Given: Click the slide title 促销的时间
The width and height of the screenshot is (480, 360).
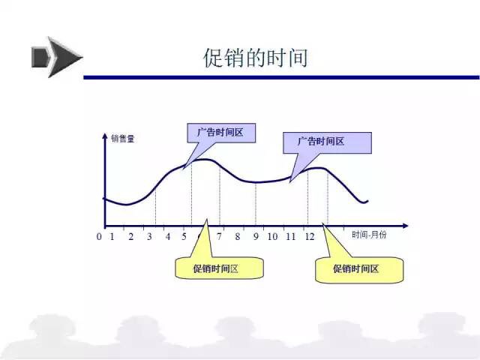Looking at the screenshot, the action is pos(256,58).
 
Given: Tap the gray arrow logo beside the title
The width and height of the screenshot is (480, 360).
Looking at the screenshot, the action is pos(57,57).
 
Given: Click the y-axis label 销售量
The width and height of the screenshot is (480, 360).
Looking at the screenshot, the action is pos(123,139).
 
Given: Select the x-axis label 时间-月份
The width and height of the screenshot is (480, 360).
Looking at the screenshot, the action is pos(369,235).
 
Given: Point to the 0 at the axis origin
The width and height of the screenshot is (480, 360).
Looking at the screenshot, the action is pos(99,236).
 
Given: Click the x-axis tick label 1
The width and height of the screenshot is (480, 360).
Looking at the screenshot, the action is pos(112,236).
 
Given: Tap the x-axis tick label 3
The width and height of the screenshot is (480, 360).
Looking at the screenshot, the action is pos(149,236).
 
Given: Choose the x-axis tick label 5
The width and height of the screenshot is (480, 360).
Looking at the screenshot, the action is pos(184,236).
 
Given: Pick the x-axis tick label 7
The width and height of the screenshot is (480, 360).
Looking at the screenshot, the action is pos(219,236).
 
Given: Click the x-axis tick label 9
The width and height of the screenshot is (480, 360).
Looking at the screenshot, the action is pos(256,236).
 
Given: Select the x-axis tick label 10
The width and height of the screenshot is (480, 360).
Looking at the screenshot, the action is pos(272,236).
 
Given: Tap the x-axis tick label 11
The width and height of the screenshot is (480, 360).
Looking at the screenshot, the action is pos(291,236).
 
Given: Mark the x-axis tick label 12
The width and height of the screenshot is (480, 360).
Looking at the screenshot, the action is pos(310,236).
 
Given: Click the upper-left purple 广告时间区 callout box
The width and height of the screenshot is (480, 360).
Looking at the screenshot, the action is pos(221,133).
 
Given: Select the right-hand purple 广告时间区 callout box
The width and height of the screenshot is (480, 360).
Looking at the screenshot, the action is pos(327,142).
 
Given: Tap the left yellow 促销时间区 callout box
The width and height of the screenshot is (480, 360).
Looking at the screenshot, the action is pos(219,268).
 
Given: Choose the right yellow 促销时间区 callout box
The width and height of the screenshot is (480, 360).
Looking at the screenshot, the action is pos(359,269).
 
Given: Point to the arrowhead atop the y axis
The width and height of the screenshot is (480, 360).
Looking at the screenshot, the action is pos(105,136).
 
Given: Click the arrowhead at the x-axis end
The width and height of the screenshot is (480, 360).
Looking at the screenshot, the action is pos(405,226).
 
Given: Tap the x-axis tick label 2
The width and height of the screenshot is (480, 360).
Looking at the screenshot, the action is pos(131,236).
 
